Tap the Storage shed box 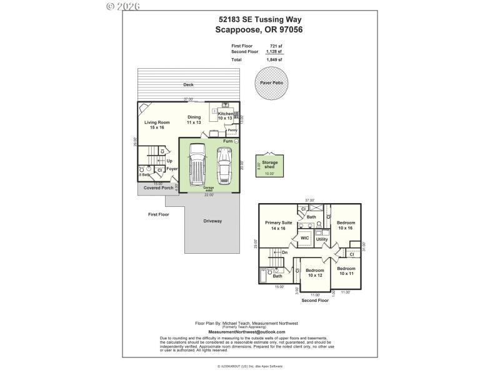coord(270,166)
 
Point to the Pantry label coord(232,130)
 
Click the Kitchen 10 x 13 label coord(225,116)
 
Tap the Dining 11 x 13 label coord(194,120)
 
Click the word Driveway coord(212,221)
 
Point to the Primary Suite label coord(279,226)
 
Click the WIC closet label coord(305,237)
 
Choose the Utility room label coord(322,239)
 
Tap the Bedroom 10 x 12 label coord(315,272)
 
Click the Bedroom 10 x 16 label coord(346,226)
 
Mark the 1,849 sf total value coord(275,59)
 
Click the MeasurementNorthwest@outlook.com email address coord(246,332)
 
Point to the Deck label coord(187,84)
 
